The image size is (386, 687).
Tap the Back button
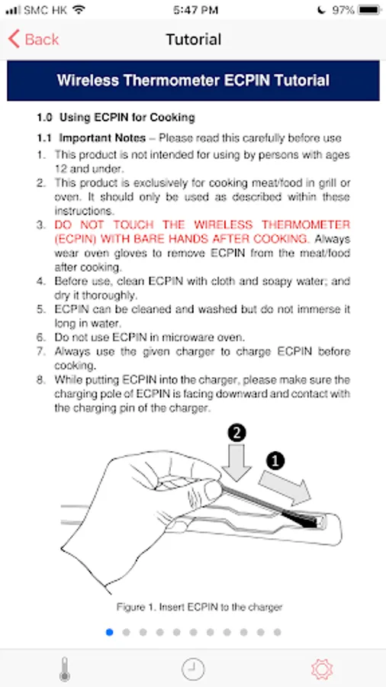(34, 40)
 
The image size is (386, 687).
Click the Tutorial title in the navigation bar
(193, 40)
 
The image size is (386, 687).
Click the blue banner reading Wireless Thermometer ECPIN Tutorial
(193, 81)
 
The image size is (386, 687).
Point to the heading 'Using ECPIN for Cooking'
(127, 118)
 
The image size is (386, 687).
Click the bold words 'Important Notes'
(102, 138)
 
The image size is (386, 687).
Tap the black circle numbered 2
(236, 434)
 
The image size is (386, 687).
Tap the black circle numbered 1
(275, 460)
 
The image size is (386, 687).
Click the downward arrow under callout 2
(236, 463)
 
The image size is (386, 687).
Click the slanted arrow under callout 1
(285, 487)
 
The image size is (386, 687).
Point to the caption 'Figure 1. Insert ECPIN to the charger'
(199, 608)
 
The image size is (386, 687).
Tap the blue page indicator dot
(109, 632)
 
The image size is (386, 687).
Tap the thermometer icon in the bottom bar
(65, 669)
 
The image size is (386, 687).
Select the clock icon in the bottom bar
(193, 669)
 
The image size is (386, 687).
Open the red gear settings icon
(322, 669)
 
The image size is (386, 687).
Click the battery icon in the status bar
(369, 10)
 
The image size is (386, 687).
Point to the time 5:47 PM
(195, 10)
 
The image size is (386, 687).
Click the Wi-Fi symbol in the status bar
(79, 10)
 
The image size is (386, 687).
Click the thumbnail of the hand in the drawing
(213, 491)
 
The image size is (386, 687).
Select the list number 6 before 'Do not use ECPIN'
(40, 337)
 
